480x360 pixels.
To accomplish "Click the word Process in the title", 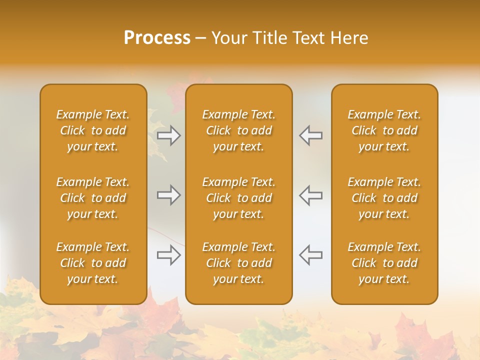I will click(x=157, y=38).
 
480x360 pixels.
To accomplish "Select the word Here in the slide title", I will click(x=350, y=38).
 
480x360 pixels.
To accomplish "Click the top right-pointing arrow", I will click(x=169, y=135).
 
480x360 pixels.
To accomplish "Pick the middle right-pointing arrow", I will click(x=169, y=195).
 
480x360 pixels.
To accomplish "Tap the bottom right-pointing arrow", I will click(x=169, y=255).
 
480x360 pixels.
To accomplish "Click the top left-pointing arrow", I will click(x=310, y=135).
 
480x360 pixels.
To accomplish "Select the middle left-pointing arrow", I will click(x=310, y=195).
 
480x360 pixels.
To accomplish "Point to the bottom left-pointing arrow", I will click(x=310, y=255).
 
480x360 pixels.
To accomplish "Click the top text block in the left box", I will click(x=93, y=130).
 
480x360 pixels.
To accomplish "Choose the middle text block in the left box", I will click(x=93, y=198).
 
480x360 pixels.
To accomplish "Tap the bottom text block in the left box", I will click(x=93, y=263).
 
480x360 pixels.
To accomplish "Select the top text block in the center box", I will click(x=239, y=130).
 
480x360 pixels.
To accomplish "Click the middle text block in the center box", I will click(x=239, y=198).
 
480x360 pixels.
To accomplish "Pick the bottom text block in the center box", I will click(x=239, y=263).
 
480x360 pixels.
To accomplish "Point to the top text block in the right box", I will click(x=384, y=130).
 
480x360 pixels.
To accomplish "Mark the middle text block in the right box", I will click(x=384, y=198).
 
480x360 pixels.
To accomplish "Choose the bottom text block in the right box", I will click(x=384, y=263).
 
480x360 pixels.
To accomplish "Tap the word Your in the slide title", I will click(x=228, y=38).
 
